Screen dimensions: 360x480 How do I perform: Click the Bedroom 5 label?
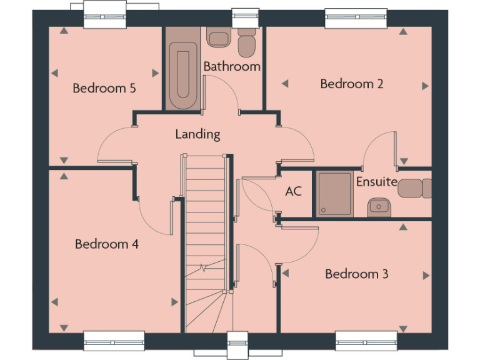coord(104,88)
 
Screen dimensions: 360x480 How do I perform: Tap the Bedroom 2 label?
coord(351,84)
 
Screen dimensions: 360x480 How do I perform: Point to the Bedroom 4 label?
coord(106,244)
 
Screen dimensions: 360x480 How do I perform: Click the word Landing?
coord(197,134)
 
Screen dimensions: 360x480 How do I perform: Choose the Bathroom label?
coord(232,66)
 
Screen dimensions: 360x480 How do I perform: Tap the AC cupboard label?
coord(293,191)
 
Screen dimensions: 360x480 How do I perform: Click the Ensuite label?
coord(376,182)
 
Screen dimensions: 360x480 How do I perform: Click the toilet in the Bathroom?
coord(247,42)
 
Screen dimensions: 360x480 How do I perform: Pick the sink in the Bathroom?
coord(218,38)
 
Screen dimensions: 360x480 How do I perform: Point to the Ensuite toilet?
coord(414,187)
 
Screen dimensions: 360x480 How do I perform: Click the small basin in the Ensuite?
coord(377,206)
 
